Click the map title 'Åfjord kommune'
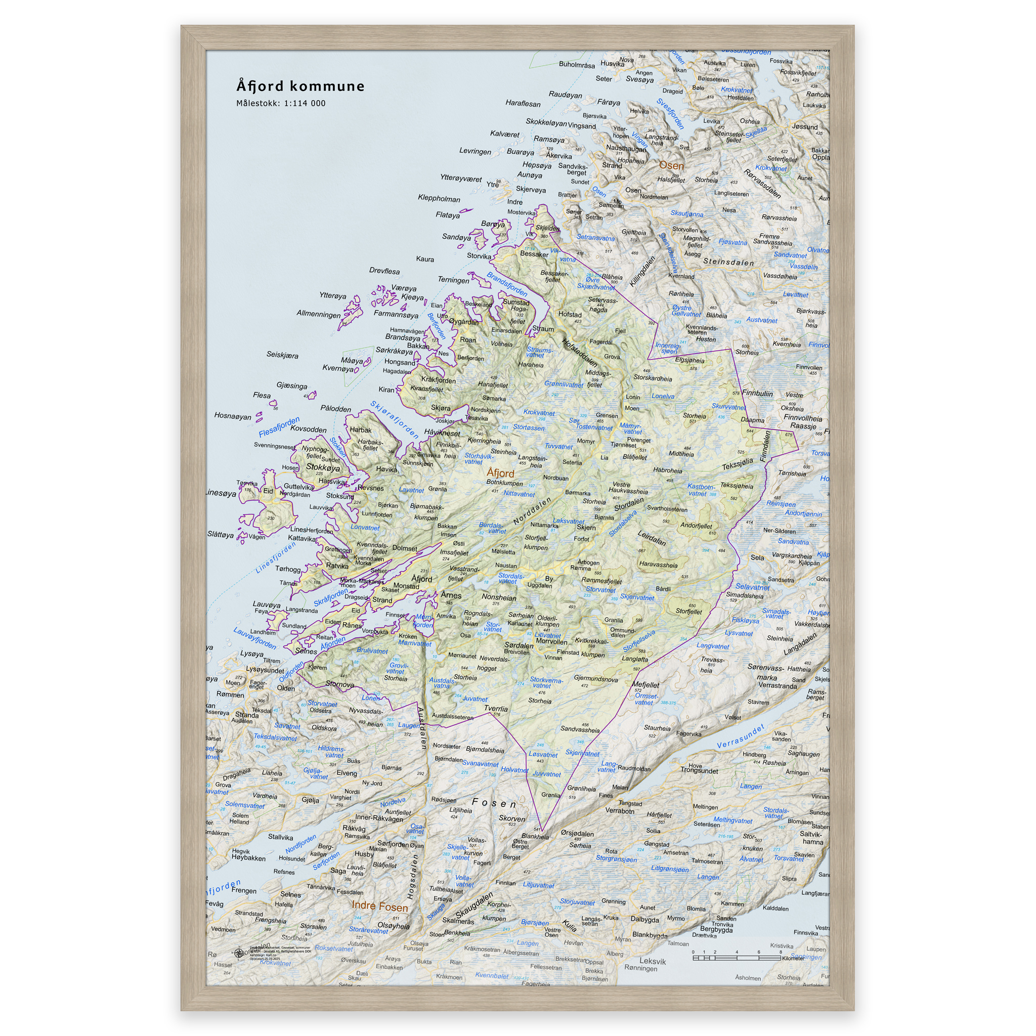coord(300,87)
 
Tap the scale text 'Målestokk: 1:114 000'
coord(280,104)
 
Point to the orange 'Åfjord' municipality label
coord(500,473)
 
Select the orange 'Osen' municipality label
coord(671,166)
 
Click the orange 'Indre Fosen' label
coord(380,906)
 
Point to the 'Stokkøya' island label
coord(323,467)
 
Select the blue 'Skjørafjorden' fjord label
coord(394,419)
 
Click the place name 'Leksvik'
coord(653,962)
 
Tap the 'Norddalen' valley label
coord(533,511)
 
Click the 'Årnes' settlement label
coord(451,595)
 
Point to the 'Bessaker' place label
coord(534,254)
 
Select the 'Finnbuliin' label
coord(758,393)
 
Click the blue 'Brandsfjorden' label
coord(507,284)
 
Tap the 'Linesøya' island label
coord(221,493)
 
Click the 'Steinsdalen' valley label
coord(728,262)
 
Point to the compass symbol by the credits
coord(239,953)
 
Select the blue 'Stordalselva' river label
coord(623,523)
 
